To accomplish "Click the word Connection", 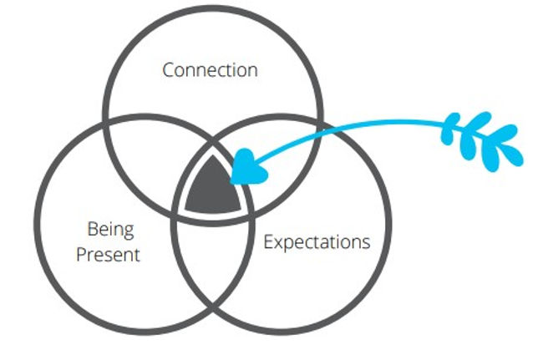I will point(210,70).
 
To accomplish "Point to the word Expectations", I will point(317,243).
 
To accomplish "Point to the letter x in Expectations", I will point(278,243).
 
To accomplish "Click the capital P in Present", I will point(81,254).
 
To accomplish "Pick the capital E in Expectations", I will point(268,243).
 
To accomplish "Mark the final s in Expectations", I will point(365,243).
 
